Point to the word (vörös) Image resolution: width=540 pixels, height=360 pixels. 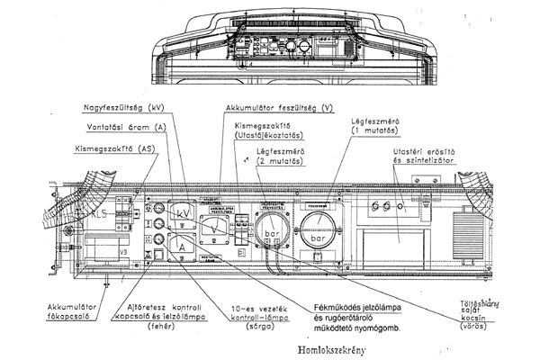pos(489,318)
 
